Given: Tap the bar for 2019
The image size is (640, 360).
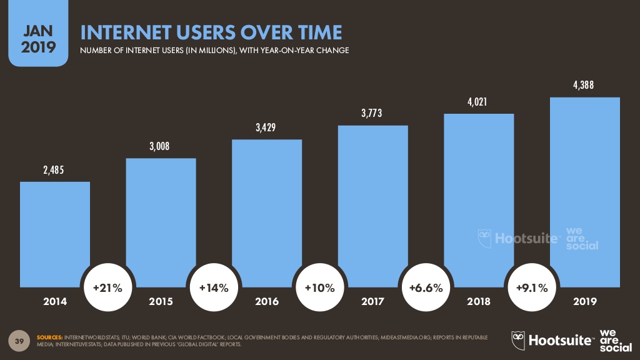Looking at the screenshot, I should [x=584, y=187].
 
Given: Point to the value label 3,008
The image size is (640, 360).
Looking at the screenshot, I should [x=161, y=147].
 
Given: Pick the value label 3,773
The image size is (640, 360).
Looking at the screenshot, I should [x=372, y=114].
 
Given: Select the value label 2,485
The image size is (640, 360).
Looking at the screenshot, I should [x=55, y=170].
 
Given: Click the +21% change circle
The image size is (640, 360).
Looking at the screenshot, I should [x=108, y=288].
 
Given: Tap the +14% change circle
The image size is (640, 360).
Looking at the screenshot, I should [x=214, y=288].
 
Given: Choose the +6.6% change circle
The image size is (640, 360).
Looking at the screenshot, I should [x=426, y=288].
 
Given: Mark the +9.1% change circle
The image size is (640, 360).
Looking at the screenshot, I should [x=532, y=288].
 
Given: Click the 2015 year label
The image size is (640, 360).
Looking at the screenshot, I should [x=161, y=302].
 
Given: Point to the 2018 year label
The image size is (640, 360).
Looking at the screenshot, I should [x=479, y=302].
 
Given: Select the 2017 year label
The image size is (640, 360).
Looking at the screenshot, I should [x=372, y=302].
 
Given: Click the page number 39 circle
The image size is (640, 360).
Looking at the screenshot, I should [x=19, y=341].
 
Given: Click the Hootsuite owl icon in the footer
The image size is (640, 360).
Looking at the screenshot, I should [x=517, y=340].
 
